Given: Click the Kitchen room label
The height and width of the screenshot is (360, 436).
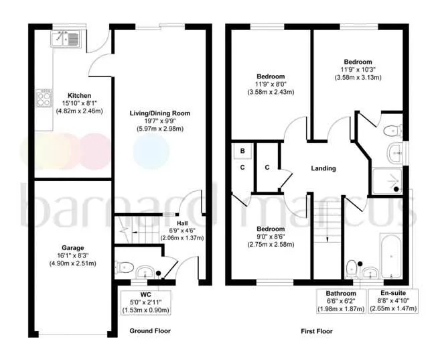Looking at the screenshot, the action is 79,95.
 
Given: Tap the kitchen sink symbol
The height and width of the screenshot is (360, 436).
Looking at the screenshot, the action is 65,39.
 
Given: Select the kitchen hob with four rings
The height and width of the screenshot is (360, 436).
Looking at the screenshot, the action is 44,98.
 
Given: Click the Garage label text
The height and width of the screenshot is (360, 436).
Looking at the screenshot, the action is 73,247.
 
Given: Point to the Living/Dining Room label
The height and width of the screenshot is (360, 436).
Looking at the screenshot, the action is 160,113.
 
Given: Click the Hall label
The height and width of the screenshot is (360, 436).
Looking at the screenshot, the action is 182,223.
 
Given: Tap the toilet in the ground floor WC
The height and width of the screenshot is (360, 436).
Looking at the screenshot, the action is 123,268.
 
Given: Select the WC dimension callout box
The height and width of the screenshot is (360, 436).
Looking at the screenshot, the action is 145,302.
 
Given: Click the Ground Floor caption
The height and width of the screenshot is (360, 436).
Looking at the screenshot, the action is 150,331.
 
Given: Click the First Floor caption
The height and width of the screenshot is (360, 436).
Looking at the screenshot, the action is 317,331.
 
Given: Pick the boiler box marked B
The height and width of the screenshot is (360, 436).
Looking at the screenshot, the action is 242,151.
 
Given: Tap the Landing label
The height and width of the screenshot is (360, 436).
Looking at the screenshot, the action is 323,168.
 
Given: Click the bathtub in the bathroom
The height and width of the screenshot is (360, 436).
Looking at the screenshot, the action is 390,255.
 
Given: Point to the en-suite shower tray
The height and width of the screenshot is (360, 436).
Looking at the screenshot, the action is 387,181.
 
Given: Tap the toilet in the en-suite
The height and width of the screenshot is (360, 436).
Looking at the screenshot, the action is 392,130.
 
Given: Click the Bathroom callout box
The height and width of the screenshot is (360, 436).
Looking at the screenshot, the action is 341,301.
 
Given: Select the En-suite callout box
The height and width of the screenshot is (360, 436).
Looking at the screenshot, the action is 393,301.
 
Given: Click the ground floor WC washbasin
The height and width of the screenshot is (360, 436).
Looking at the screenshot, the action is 145,272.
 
